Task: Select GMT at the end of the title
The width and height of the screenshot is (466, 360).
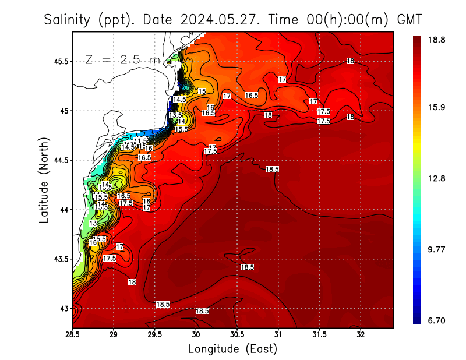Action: (x=409, y=20)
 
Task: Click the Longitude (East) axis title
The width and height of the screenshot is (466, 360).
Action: (x=232, y=349)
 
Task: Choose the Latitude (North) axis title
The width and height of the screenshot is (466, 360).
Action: (x=44, y=179)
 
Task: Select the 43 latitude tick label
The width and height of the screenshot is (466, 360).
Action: (x=63, y=309)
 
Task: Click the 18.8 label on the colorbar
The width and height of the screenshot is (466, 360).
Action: (x=436, y=40)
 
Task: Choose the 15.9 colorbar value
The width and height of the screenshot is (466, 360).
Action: (x=436, y=108)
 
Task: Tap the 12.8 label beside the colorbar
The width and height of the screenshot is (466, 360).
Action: (x=436, y=179)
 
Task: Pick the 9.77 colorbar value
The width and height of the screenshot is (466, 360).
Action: (x=436, y=249)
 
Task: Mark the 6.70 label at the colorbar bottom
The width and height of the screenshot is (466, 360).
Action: (x=436, y=320)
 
